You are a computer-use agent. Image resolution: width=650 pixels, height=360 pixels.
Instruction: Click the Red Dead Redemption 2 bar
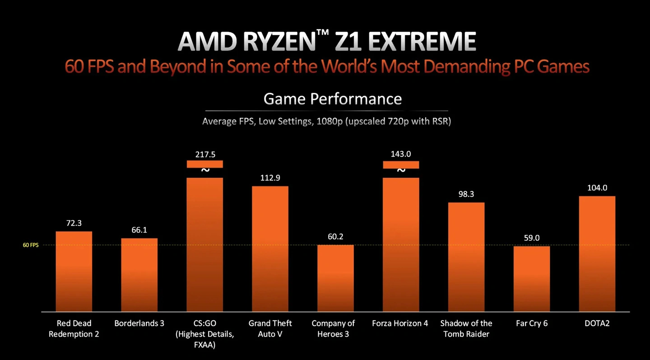tap(74, 271)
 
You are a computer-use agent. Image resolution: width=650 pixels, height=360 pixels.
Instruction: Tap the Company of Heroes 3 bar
tap(335, 277)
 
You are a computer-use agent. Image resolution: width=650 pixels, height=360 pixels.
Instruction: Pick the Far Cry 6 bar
tap(532, 278)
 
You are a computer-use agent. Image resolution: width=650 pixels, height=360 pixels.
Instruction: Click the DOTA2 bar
tap(597, 253)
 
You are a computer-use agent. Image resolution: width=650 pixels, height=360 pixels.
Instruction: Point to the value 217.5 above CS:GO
tap(205, 154)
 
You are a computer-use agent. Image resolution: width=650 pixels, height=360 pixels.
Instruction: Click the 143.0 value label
tap(401, 154)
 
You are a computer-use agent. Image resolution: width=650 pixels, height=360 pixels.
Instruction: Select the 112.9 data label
tap(270, 178)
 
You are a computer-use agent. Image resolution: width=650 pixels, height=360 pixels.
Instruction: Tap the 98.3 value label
tap(466, 194)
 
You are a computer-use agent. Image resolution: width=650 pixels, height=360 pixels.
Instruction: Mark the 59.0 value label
tap(532, 238)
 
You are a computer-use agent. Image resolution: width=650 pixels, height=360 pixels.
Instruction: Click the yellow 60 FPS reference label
tap(31, 245)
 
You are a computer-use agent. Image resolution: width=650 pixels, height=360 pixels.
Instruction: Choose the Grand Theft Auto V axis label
tap(270, 328)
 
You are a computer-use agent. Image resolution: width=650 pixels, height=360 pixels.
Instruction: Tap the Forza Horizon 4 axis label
tap(400, 323)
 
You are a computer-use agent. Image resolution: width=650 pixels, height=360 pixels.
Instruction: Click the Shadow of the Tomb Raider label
tap(466, 328)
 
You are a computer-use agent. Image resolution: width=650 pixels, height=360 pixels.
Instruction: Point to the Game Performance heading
tap(332, 99)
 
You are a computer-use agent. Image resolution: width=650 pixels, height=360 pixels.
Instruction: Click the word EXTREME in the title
tap(422, 42)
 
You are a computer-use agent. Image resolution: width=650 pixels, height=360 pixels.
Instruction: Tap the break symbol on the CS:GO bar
tap(205, 171)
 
